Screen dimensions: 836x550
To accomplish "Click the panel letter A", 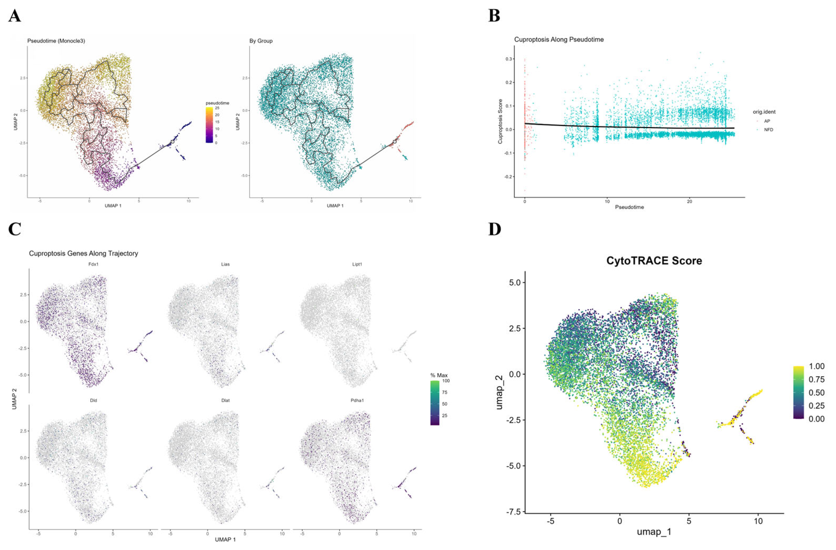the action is coord(15,16).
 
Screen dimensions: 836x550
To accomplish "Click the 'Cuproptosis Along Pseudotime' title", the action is coord(559,40).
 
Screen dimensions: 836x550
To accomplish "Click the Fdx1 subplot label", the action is coord(94,264).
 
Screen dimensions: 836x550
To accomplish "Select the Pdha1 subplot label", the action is coord(357,400).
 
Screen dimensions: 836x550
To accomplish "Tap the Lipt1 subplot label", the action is coord(357,264).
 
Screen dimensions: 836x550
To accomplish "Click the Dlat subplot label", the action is coord(225,400).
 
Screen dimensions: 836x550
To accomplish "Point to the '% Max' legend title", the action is coord(439,375).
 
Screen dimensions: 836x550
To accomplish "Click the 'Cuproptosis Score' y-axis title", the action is coord(500,122).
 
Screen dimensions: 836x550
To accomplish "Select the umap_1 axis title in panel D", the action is coord(654,542).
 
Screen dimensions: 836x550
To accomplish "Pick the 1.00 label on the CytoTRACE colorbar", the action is coord(817,366).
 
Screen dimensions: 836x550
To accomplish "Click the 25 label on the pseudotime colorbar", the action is coord(217,108).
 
